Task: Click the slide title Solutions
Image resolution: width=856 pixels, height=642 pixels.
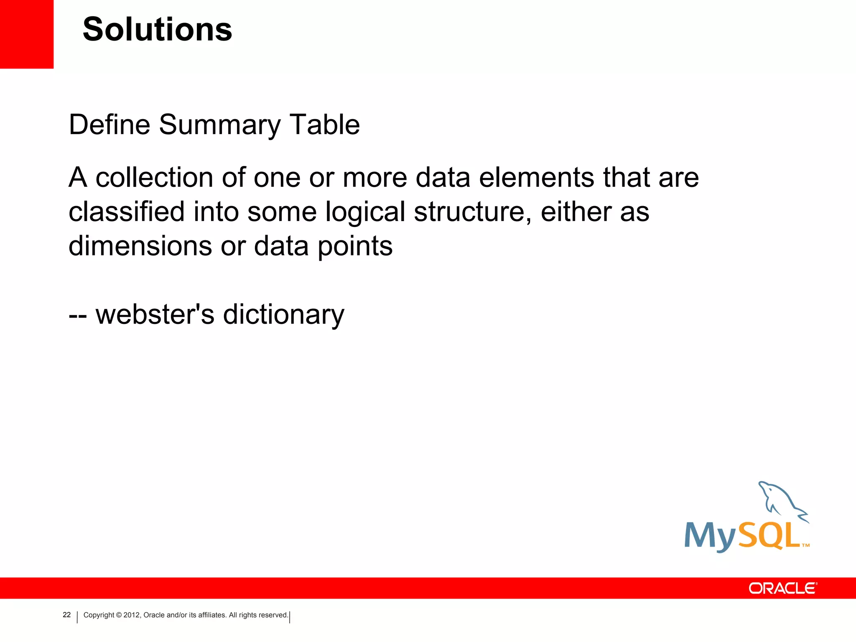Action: click(x=157, y=30)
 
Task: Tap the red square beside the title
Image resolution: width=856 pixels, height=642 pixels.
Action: click(x=26, y=33)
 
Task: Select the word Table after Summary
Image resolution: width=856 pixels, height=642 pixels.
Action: click(x=324, y=125)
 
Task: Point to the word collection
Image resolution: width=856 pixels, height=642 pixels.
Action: click(x=155, y=178)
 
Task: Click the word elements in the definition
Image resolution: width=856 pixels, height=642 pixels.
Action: click(x=536, y=178)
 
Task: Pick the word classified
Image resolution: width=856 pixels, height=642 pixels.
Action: click(x=126, y=211)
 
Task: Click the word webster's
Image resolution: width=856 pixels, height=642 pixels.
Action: click(x=155, y=314)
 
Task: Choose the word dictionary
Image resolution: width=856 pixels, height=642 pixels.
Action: click(x=283, y=315)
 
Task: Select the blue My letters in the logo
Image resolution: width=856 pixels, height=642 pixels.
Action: click(x=710, y=537)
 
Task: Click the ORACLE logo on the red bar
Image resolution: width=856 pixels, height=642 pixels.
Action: click(x=782, y=588)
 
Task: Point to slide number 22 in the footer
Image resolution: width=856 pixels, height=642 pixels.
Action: click(x=66, y=615)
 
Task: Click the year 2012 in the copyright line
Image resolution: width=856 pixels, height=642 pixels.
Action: click(x=132, y=615)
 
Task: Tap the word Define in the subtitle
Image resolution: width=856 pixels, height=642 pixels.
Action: click(x=109, y=125)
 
